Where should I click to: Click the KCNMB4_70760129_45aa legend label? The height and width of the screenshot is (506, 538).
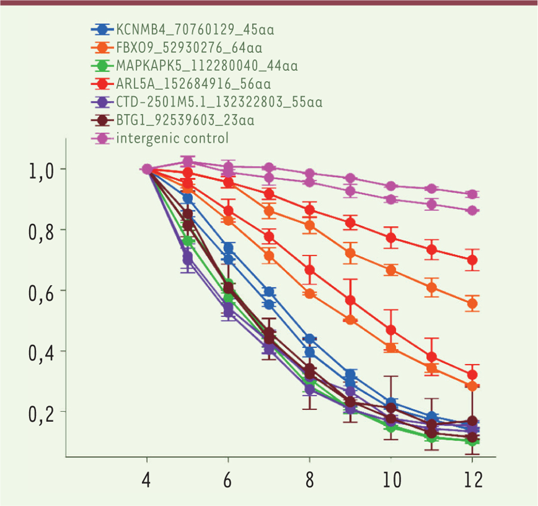coord(195,30)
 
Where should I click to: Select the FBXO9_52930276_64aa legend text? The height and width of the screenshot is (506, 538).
coord(189,48)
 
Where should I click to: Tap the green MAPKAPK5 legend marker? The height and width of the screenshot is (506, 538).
coord(103,66)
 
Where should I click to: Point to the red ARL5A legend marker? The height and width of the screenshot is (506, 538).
coord(103,84)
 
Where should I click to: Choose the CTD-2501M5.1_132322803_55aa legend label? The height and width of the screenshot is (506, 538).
coord(219,102)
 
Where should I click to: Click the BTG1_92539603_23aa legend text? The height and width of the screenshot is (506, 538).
coord(185,120)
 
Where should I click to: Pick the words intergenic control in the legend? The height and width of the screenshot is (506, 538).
coord(172,138)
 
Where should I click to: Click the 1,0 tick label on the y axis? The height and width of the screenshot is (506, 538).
coord(41,171)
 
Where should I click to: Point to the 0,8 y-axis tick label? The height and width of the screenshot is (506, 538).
coord(41,232)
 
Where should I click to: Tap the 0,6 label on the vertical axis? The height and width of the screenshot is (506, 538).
coord(41,293)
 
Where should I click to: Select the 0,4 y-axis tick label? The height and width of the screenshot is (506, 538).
coord(41,353)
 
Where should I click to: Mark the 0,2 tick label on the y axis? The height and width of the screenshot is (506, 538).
coord(41,414)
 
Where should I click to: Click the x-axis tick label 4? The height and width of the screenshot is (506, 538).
coord(147,480)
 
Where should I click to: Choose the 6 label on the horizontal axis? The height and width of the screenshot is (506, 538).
coord(228,480)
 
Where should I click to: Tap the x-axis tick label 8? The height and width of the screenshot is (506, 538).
coord(309,480)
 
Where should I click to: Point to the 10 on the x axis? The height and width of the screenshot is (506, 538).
coord(391,480)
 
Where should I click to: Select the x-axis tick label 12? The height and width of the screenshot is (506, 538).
coord(472,480)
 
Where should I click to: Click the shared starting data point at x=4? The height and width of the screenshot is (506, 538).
coord(147,169)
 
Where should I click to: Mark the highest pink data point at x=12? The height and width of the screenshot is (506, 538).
coord(472,194)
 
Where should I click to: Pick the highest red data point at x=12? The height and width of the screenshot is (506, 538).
coord(472,260)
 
